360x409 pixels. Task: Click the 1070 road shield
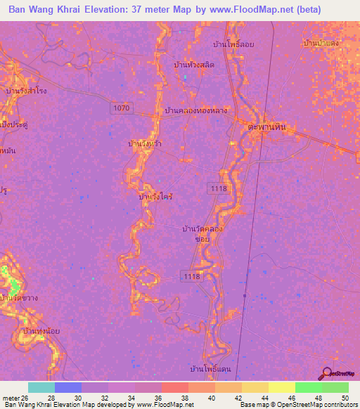point(120,108)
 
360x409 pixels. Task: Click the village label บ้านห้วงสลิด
point(194,65)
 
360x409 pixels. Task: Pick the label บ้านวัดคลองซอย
point(203,233)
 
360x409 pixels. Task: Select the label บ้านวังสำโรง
point(26,91)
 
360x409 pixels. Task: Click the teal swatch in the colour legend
point(41,387)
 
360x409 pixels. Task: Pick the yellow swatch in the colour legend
point(281,387)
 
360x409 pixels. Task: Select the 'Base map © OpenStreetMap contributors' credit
point(298,405)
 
